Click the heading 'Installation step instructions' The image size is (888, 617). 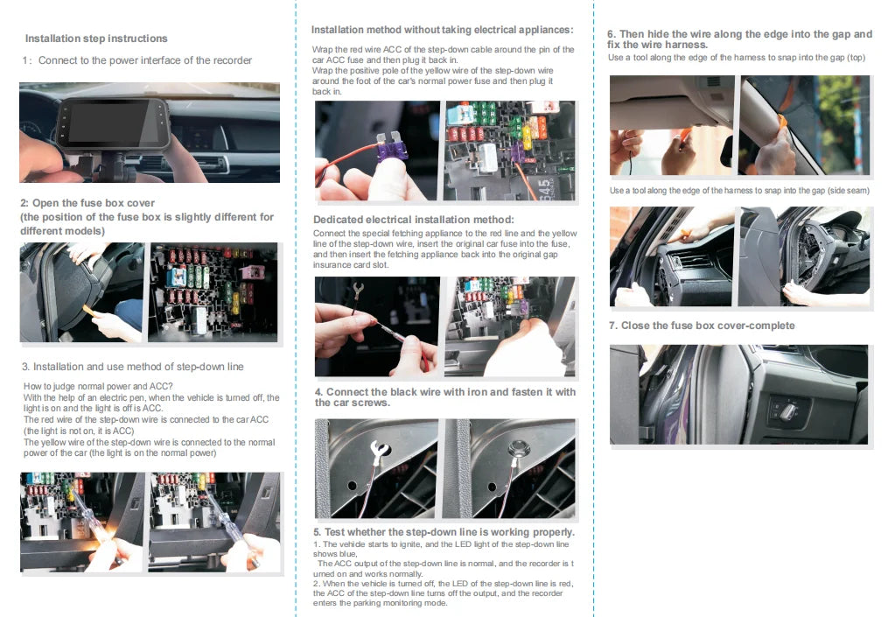[96, 39]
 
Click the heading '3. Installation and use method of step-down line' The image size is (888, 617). [132, 367]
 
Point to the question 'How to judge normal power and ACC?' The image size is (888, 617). [98, 386]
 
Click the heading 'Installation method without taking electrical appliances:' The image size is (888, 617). [442, 30]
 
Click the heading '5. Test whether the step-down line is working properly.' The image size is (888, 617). [444, 531]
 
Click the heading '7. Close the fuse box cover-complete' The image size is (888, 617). [702, 326]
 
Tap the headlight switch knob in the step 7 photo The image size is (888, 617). [781, 409]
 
